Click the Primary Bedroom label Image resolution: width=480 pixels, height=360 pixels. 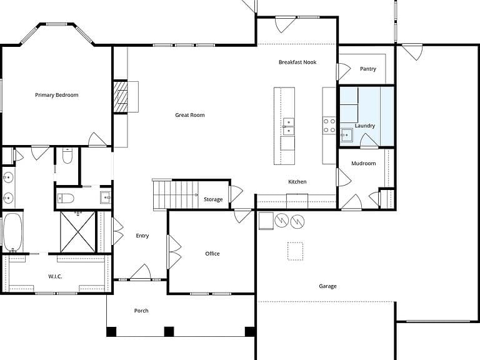(57, 95)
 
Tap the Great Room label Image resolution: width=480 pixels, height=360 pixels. (190, 115)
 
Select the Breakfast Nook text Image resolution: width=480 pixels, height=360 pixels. (297, 62)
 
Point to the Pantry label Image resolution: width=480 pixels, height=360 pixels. (368, 69)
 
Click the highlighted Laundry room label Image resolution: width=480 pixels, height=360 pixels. (365, 126)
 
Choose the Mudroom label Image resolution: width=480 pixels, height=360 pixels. (364, 164)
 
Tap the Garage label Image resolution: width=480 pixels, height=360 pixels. (328, 286)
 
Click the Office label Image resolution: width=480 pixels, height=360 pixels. (212, 254)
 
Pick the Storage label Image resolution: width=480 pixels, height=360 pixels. (213, 199)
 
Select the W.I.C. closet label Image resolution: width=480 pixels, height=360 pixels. (55, 276)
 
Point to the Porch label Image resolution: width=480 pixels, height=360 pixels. (141, 311)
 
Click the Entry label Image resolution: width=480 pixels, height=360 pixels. (142, 236)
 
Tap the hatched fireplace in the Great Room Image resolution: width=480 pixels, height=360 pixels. (121, 97)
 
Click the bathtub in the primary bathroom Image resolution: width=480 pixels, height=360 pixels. (12, 232)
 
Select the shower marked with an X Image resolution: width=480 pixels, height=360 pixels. (77, 232)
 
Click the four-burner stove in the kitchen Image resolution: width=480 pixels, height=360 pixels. (329, 126)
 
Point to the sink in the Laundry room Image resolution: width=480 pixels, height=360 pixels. (346, 135)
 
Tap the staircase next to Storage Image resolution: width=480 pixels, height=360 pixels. (176, 195)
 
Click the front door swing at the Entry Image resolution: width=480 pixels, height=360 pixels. (141, 272)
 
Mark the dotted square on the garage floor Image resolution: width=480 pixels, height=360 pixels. (296, 251)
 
